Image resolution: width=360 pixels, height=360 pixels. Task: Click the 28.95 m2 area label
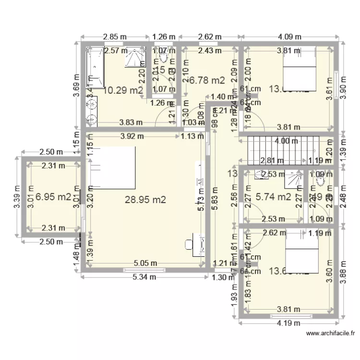145,200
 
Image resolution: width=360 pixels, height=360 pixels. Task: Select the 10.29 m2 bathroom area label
123,90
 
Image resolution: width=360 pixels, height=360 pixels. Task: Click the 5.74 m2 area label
273,196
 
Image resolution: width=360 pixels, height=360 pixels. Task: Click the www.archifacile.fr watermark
330,333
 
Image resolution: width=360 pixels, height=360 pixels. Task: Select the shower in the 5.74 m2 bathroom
293,178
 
